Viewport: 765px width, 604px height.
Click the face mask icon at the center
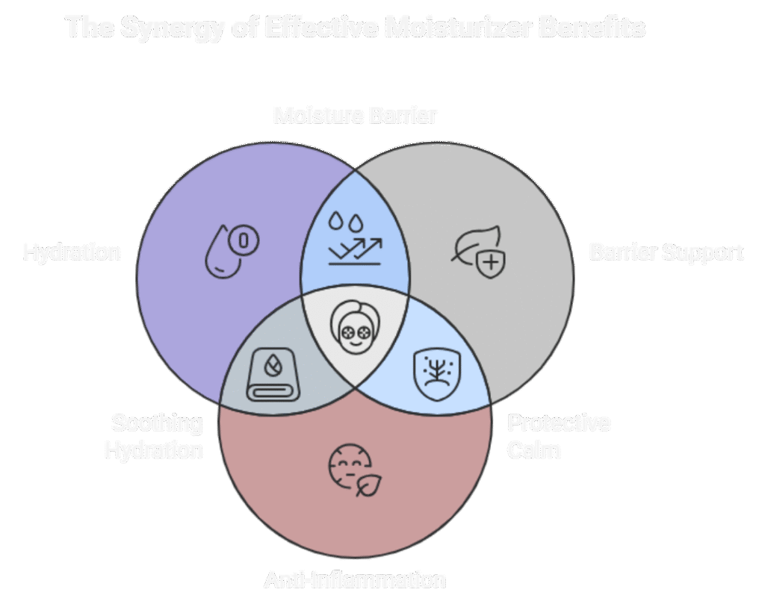click(354, 329)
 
